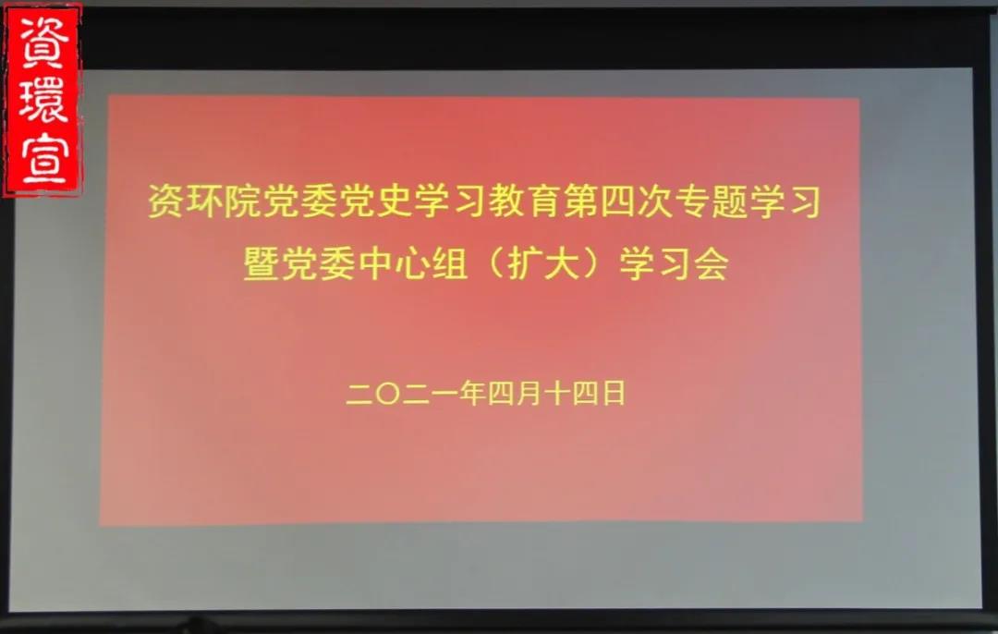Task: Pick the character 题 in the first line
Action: click(x=731, y=201)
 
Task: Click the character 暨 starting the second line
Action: click(x=261, y=262)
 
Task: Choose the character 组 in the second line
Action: click(x=449, y=262)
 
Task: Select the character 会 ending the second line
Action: click(x=711, y=262)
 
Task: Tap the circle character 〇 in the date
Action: click(x=388, y=394)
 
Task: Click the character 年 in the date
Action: click(x=472, y=394)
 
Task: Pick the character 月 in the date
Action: click(x=529, y=394)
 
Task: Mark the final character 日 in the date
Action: click(x=614, y=394)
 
